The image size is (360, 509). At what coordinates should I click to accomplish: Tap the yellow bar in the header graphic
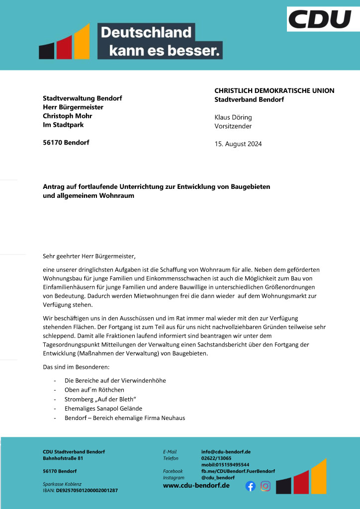point(82,41)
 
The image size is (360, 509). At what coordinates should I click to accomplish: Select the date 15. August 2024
point(238,144)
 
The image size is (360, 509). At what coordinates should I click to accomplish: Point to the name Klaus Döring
point(233,117)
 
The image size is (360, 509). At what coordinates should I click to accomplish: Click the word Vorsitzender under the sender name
point(233,126)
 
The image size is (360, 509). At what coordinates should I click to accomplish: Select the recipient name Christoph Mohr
point(68,116)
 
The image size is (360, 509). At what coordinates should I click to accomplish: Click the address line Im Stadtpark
point(63,125)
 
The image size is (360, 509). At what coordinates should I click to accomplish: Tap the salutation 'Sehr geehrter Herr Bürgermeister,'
point(89,256)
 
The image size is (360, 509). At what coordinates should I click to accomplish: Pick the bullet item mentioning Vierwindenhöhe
point(115,380)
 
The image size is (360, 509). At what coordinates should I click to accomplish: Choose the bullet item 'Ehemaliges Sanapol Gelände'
point(103,409)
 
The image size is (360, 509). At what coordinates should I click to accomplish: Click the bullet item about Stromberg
point(100,399)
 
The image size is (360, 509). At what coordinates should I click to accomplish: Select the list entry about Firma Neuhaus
point(124,418)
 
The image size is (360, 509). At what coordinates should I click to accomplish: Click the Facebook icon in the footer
point(251,486)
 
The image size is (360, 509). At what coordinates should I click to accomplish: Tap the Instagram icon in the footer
point(266,486)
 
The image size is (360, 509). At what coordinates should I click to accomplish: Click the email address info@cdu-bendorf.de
point(225,452)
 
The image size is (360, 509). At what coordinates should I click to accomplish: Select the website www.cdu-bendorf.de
point(196,485)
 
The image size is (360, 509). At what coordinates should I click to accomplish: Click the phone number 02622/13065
point(216,458)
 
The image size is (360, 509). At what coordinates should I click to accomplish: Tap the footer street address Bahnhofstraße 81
point(63,458)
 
